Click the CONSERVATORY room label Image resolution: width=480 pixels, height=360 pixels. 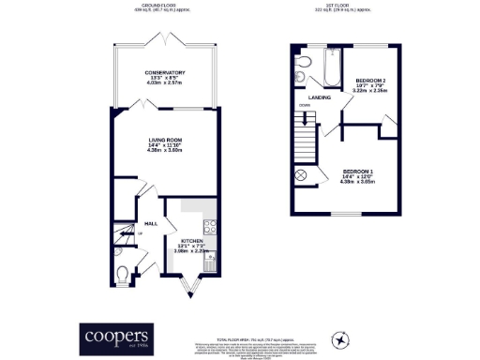[x=157, y=72]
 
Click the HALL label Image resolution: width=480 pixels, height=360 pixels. [x=136, y=224]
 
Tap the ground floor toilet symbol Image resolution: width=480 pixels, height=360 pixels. [x=125, y=274]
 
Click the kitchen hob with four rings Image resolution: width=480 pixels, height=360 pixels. [x=211, y=226]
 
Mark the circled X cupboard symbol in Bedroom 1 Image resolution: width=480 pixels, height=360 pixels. [x=303, y=175]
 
